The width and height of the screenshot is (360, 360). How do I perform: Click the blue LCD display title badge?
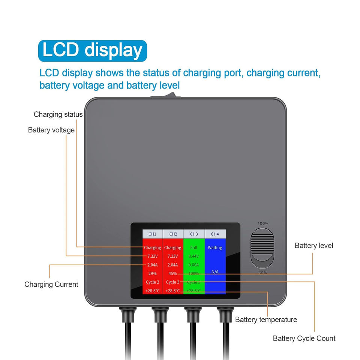92,51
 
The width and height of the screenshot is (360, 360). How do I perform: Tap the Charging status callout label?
58,114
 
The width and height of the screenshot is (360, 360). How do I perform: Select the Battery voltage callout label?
51,130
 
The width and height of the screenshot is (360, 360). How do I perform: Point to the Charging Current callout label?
51,284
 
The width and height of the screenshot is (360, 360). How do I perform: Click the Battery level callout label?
314,246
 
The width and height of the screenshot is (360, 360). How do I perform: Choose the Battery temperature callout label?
266,319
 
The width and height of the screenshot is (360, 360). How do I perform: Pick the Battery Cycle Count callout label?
304,338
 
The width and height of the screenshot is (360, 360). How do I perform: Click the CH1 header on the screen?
152,234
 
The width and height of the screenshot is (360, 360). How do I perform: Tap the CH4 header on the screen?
215,234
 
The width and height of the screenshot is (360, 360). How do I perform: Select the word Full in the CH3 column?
193,247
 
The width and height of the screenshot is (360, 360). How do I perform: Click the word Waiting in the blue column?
215,247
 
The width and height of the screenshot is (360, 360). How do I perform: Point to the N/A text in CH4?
215,271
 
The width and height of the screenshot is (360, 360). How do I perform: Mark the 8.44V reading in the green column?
193,256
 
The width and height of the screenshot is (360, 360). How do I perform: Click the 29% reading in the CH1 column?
152,273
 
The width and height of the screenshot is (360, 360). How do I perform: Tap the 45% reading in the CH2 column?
172,273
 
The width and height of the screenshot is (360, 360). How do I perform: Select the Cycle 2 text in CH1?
152,282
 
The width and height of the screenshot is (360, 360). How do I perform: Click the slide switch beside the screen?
262,248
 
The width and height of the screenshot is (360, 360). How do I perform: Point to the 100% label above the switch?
262,223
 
